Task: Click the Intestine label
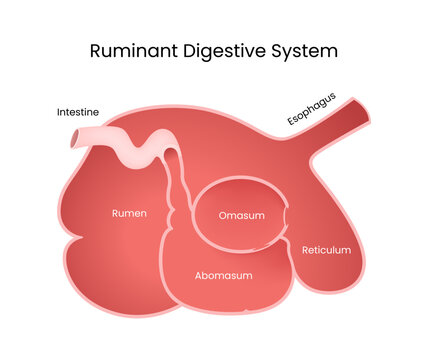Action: point(77,113)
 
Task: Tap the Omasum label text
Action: point(240,215)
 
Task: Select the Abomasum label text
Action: point(223,275)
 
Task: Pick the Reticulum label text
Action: point(326,250)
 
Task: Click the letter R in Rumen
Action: point(113,213)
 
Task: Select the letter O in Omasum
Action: point(223,215)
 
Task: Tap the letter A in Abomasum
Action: point(198,275)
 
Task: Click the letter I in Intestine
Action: point(58,113)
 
